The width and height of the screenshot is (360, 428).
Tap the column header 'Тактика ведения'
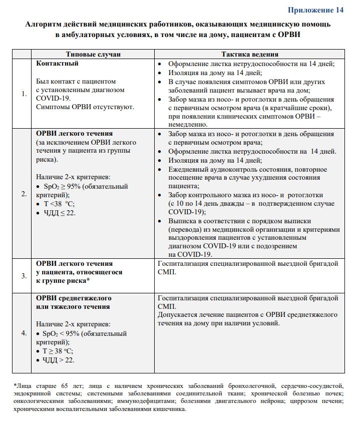tap(249, 54)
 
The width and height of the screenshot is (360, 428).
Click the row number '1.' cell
tap(24, 94)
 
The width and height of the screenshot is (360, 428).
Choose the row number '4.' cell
tap(24, 332)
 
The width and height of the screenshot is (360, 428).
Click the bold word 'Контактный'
tap(58, 64)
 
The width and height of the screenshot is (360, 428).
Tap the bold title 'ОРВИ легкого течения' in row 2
tap(75, 134)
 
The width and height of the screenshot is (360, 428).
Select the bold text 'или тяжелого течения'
tap(73, 306)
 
